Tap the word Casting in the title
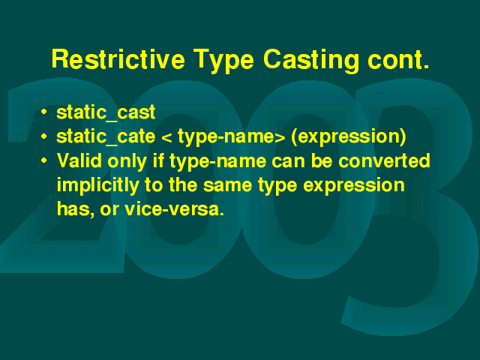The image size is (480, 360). (310, 60)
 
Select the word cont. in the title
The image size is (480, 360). (398, 60)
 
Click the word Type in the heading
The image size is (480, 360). (223, 61)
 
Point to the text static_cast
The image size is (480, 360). (106, 112)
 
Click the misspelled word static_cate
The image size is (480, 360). (106, 136)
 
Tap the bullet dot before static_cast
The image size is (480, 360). (44, 112)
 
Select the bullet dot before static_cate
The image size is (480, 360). (44, 136)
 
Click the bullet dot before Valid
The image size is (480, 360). (44, 160)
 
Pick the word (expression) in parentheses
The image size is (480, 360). (349, 136)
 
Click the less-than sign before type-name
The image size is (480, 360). (166, 138)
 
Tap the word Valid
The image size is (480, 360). (79, 160)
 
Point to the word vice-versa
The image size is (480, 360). (175, 209)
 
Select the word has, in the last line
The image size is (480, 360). (76, 210)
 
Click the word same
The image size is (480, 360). (228, 186)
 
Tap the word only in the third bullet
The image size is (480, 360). (127, 161)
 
